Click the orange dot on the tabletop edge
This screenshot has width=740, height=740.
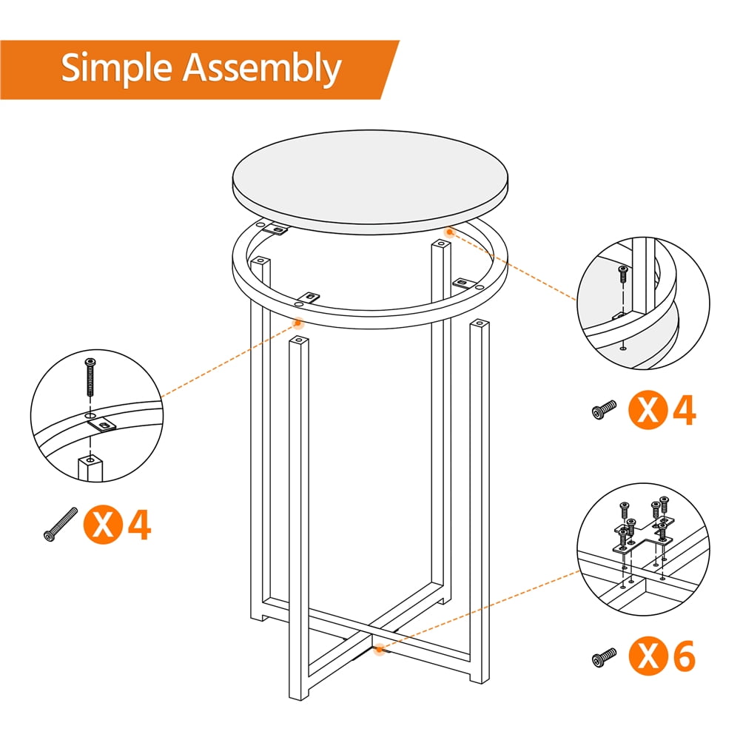(x=448, y=232)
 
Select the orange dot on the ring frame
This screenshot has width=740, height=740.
(x=299, y=322)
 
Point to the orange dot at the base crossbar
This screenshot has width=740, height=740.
(x=380, y=650)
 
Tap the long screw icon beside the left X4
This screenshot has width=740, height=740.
(x=61, y=524)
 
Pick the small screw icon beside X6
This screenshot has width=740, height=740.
(x=605, y=656)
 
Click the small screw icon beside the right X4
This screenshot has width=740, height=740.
(x=605, y=409)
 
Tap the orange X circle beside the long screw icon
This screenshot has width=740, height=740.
(x=104, y=524)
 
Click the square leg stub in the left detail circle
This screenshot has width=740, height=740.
(x=91, y=468)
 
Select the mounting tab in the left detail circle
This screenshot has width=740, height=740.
(x=104, y=424)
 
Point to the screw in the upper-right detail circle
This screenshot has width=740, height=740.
(x=623, y=275)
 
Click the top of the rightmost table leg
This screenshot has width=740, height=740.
(x=480, y=324)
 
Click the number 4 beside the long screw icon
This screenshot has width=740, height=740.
(x=139, y=524)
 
